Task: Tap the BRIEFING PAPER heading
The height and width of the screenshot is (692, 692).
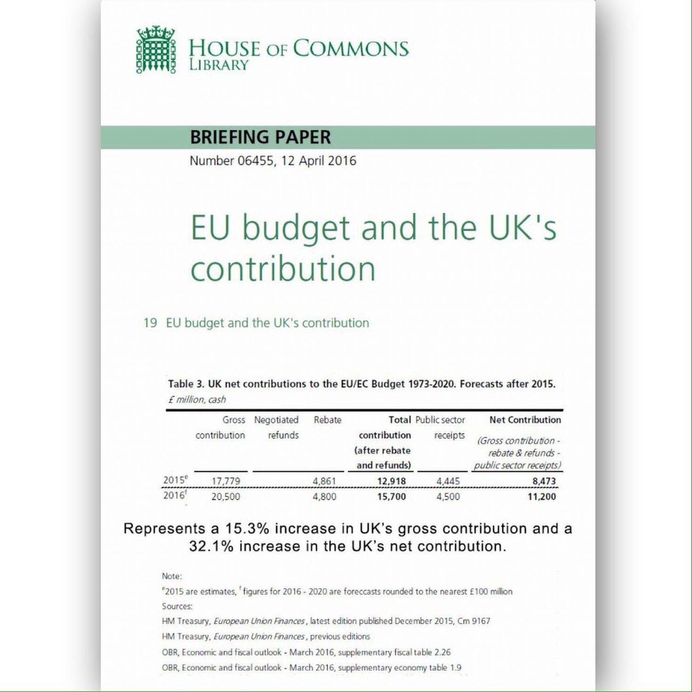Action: (x=260, y=137)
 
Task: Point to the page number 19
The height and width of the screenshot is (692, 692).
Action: (x=150, y=323)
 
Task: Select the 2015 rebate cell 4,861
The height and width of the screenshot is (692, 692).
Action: (x=324, y=481)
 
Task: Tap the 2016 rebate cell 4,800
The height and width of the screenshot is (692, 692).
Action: (x=324, y=497)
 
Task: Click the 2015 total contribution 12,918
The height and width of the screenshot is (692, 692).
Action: (x=389, y=481)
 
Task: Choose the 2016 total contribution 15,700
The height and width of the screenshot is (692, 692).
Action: (x=389, y=497)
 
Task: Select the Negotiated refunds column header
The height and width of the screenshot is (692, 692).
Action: (x=276, y=427)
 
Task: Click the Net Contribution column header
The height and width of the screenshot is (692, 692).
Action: (x=525, y=420)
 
